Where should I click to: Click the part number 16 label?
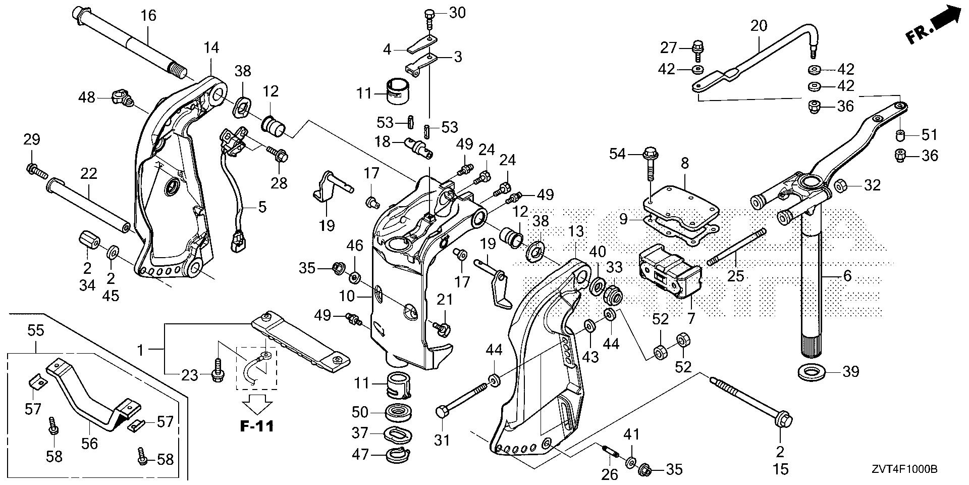(148, 16)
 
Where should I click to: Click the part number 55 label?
(36, 330)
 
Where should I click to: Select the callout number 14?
(211, 48)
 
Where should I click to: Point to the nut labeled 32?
(840, 186)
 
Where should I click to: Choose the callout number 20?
(759, 25)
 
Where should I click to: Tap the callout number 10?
(347, 296)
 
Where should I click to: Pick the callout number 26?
(610, 474)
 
